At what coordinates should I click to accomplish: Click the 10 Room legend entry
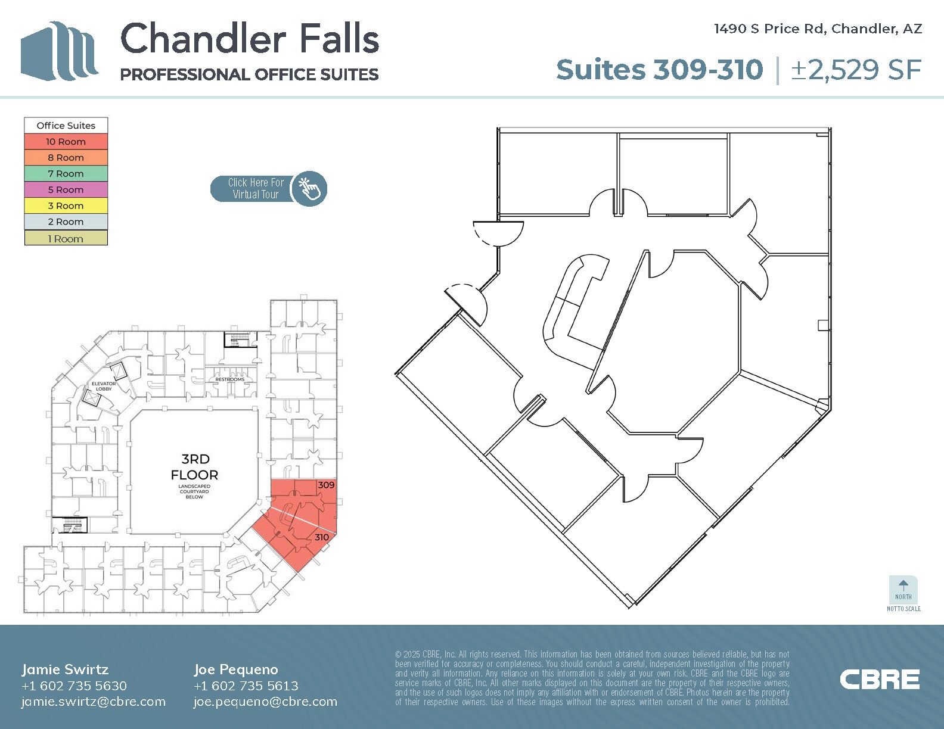tap(66, 142)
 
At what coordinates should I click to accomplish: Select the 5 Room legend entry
tap(66, 190)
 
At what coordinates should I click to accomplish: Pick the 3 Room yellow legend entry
tap(66, 206)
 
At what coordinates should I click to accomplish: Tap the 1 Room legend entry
tap(66, 239)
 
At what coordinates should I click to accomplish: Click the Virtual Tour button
tap(268, 189)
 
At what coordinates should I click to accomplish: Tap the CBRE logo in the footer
tap(880, 680)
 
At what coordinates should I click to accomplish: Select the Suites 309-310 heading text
tap(659, 70)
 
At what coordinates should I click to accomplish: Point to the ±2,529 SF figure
tap(856, 70)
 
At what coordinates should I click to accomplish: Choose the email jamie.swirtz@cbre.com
tap(94, 702)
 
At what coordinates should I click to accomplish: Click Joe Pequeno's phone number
tap(246, 686)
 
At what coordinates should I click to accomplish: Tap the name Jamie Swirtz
tap(65, 669)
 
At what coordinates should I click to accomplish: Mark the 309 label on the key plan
tap(326, 485)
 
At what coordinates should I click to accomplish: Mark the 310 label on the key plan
tap(322, 537)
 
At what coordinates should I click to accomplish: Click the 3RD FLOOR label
tap(195, 467)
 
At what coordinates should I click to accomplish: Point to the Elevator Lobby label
tap(104, 386)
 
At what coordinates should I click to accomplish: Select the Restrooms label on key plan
tap(229, 379)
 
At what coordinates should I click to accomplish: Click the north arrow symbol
tap(903, 586)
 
